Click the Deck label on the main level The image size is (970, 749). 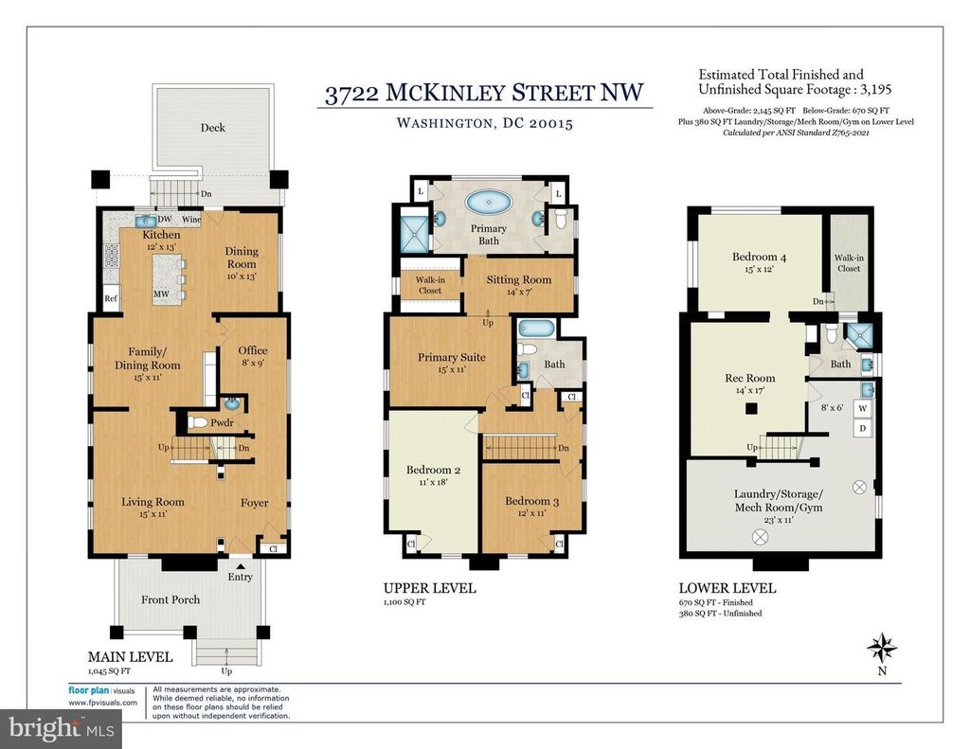[x=212, y=128]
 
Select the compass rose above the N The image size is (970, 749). [x=882, y=649]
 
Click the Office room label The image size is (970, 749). [x=252, y=350]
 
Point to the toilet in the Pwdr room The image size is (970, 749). [x=199, y=423]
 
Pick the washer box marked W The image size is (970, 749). [x=862, y=409]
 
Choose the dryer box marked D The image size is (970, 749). [x=862, y=428]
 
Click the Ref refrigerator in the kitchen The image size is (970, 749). [x=111, y=298]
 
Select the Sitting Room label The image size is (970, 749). [x=518, y=279]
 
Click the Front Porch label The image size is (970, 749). [x=171, y=599]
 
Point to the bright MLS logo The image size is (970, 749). [x=62, y=728]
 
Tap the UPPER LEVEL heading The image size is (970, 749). [x=429, y=588]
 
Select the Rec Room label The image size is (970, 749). [x=750, y=378]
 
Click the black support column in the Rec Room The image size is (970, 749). [x=751, y=407]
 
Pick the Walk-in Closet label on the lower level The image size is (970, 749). [x=849, y=263]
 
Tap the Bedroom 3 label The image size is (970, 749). [x=531, y=501]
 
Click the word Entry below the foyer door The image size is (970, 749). [x=240, y=577]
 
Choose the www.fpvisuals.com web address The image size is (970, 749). [x=102, y=703]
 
